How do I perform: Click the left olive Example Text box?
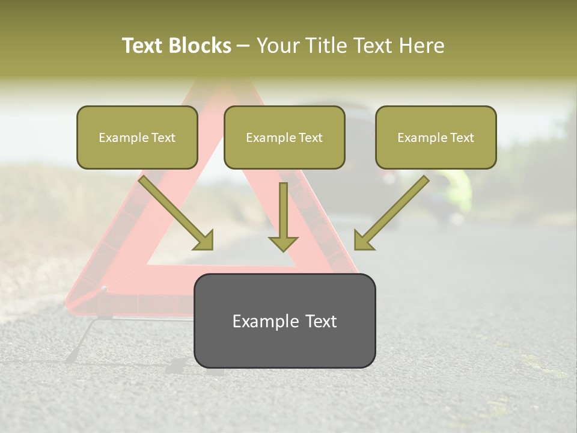[x=137, y=137]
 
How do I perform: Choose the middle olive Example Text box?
[x=284, y=137]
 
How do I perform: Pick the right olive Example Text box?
[x=436, y=137]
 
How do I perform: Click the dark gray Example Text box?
[x=284, y=321]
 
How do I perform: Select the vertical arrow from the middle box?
[x=283, y=213]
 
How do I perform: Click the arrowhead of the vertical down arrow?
[x=283, y=243]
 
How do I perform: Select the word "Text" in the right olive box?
[x=462, y=138]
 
